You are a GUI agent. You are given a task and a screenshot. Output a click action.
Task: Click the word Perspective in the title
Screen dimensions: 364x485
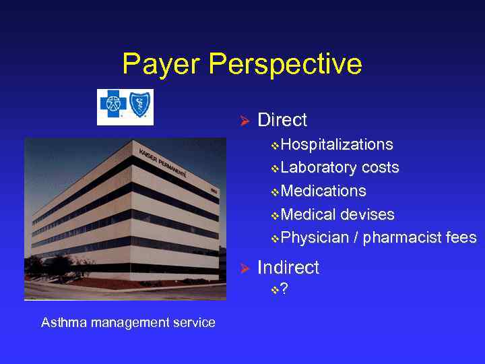pyautogui.click(x=286, y=65)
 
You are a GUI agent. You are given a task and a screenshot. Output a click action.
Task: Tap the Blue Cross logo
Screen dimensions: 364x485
pyautogui.click(x=112, y=106)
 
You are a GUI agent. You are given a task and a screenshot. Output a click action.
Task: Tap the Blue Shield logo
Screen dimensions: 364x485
pyautogui.click(x=140, y=106)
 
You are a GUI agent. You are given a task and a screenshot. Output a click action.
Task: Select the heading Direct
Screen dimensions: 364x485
pyautogui.click(x=282, y=121)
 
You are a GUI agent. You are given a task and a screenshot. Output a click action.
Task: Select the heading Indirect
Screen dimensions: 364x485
pyautogui.click(x=288, y=268)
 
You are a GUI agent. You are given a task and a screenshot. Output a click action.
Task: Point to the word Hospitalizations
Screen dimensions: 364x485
pyautogui.click(x=337, y=145)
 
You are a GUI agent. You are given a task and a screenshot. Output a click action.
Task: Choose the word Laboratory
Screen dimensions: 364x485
pyautogui.click(x=319, y=168)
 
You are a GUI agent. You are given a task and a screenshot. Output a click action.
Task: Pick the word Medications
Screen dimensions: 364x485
pyautogui.click(x=323, y=191)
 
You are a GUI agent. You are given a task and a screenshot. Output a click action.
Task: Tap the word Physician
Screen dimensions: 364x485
pyautogui.click(x=315, y=238)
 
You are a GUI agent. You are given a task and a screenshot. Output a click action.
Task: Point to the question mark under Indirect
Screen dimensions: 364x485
pyautogui.click(x=284, y=290)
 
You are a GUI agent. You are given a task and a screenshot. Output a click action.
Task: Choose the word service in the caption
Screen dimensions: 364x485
pyautogui.click(x=195, y=322)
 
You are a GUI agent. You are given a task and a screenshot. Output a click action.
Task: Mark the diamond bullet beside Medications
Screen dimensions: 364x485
pyautogui.click(x=275, y=192)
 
